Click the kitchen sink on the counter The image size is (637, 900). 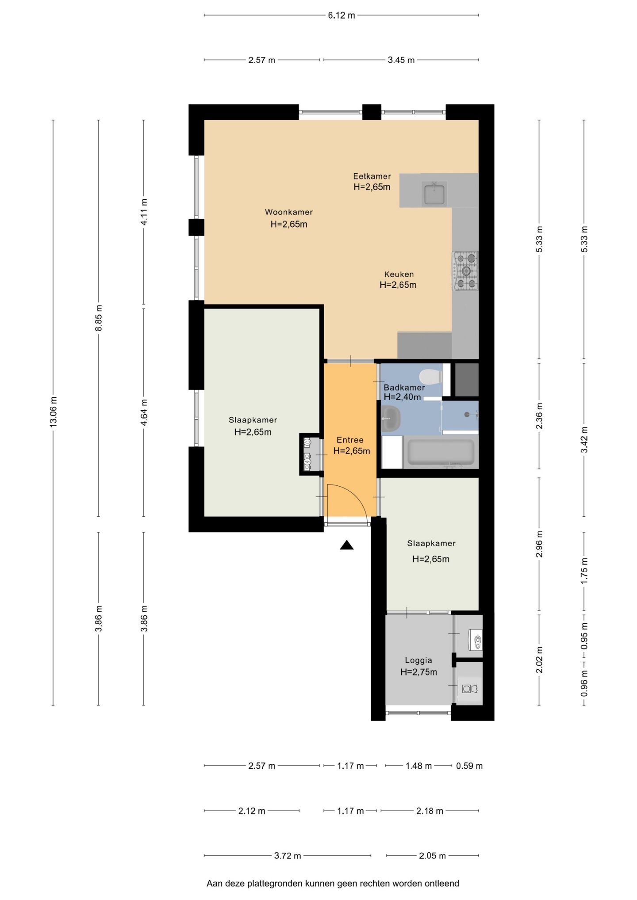pyautogui.click(x=434, y=194)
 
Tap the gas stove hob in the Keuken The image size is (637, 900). pyautogui.click(x=465, y=271)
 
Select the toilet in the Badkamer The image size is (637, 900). pyautogui.click(x=430, y=377)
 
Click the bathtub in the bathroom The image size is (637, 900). pyautogui.click(x=441, y=452)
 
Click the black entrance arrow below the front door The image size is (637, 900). pyautogui.click(x=347, y=545)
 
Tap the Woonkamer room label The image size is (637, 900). pyautogui.click(x=289, y=212)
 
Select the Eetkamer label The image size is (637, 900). pyautogui.click(x=372, y=176)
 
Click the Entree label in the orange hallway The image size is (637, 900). pyautogui.click(x=350, y=440)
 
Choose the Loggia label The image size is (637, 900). pyautogui.click(x=418, y=660)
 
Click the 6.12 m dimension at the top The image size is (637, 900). pyautogui.click(x=342, y=15)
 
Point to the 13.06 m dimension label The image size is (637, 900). pyautogui.click(x=53, y=412)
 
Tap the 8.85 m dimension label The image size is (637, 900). pyautogui.click(x=99, y=318)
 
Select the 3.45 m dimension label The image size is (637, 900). pyautogui.click(x=401, y=60)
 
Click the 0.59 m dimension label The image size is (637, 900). pyautogui.click(x=469, y=766)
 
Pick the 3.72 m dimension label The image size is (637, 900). pyautogui.click(x=288, y=856)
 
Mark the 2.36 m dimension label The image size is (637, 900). pyautogui.click(x=539, y=416)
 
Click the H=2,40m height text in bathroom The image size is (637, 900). pyautogui.click(x=402, y=397)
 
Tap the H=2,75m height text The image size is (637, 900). pyautogui.click(x=418, y=672)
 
